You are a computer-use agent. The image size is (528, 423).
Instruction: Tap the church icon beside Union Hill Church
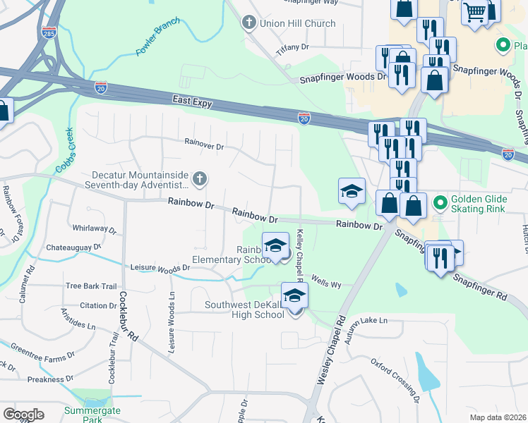point(248,23)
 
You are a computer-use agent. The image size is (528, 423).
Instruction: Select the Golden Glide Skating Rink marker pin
point(440,204)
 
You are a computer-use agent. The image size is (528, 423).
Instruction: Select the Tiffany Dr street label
point(293,47)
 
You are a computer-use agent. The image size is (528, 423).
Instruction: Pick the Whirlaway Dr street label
point(94,228)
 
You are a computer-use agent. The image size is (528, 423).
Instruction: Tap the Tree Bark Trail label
point(90,286)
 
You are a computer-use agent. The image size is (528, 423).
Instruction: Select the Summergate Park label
point(92,415)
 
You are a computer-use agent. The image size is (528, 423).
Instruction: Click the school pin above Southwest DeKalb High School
point(294,295)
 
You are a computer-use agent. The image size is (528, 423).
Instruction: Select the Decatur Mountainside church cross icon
point(199,178)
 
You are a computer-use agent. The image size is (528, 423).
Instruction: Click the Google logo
point(23,415)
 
